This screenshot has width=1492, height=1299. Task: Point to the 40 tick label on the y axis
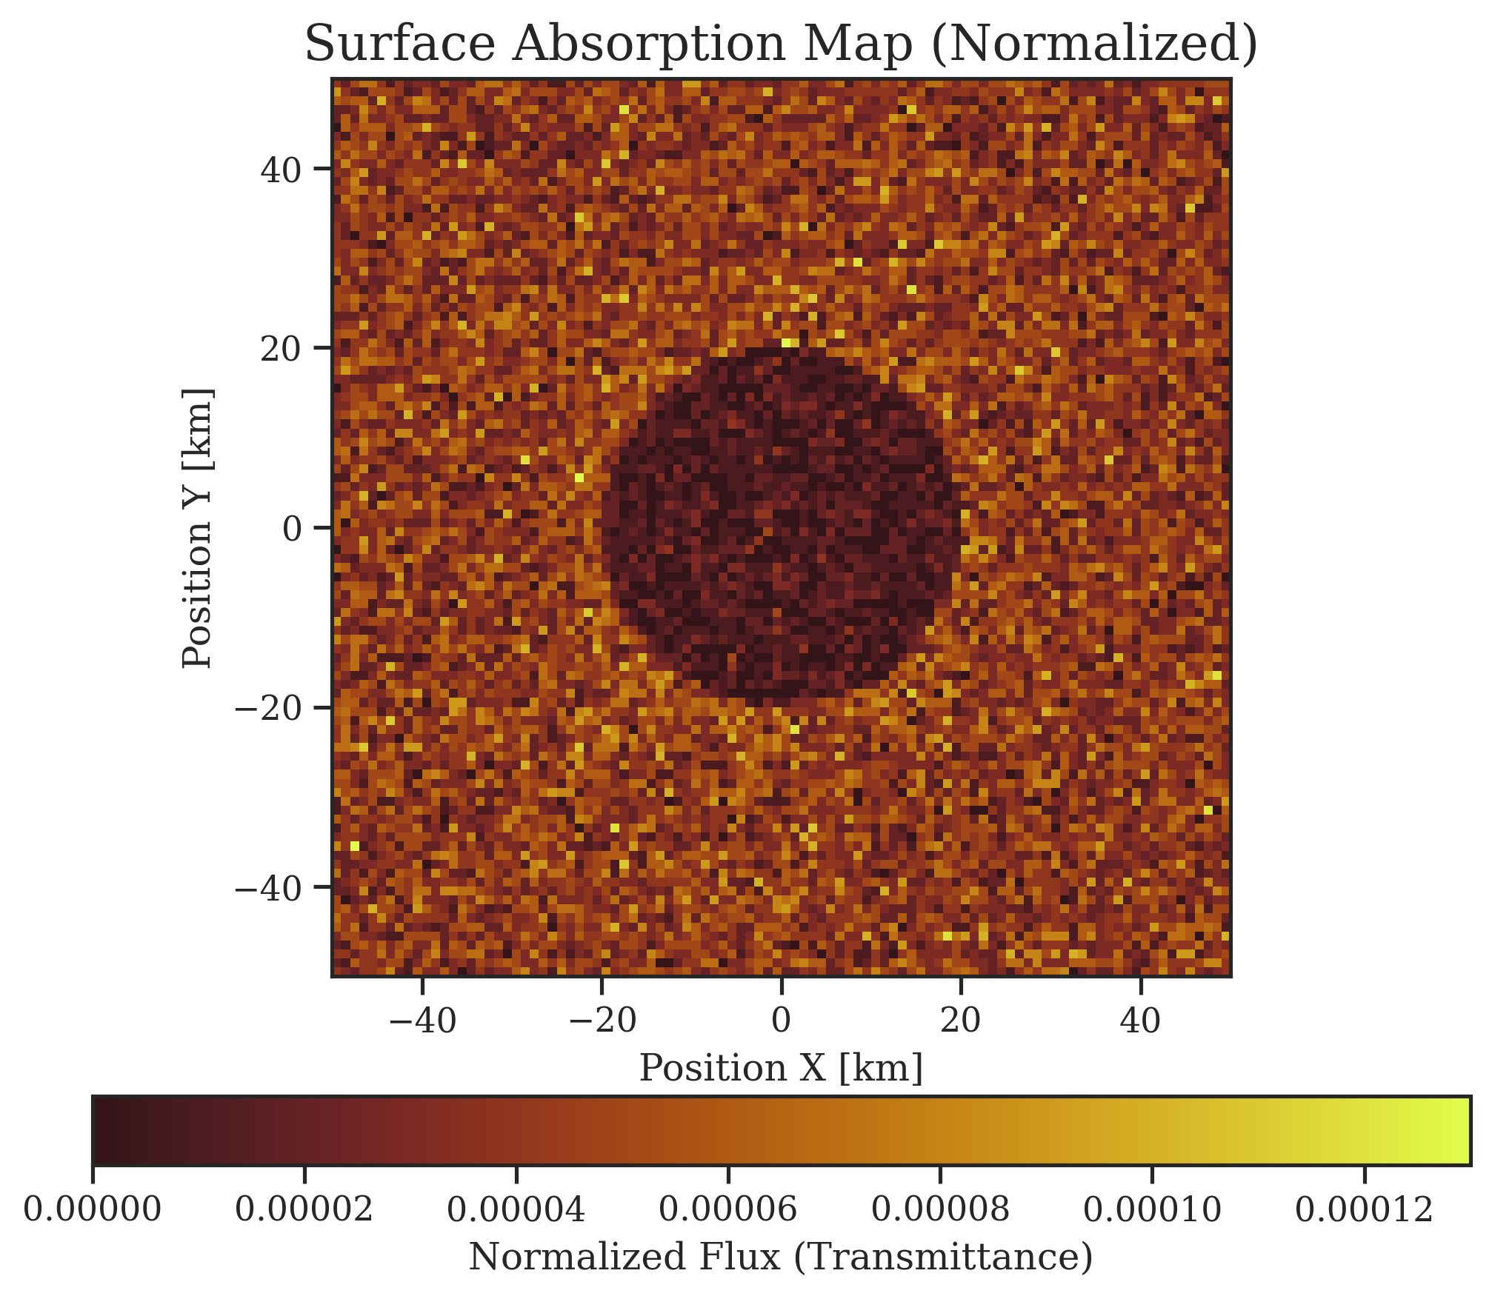[x=280, y=170]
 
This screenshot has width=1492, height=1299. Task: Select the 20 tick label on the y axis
[x=280, y=349]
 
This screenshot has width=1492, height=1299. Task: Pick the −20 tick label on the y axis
[x=268, y=708]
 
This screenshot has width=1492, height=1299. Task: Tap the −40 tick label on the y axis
[x=268, y=888]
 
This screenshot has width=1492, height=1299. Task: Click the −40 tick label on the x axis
[x=422, y=1021]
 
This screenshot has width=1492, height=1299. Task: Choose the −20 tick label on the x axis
[x=602, y=1021]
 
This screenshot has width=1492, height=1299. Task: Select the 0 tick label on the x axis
[x=782, y=1021]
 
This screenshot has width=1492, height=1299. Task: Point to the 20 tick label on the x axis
[x=961, y=1021]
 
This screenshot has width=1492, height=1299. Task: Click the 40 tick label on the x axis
[x=1141, y=1021]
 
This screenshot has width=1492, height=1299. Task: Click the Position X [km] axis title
[x=782, y=1069]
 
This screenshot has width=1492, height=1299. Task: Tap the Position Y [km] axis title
[x=199, y=528]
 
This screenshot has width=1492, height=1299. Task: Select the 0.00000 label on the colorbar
[x=93, y=1210]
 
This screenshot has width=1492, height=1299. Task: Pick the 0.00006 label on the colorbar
[x=728, y=1210]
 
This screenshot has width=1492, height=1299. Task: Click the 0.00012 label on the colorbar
[x=1365, y=1210]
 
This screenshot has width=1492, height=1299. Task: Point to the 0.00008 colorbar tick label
[x=940, y=1210]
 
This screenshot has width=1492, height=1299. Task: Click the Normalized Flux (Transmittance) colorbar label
[x=782, y=1258]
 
